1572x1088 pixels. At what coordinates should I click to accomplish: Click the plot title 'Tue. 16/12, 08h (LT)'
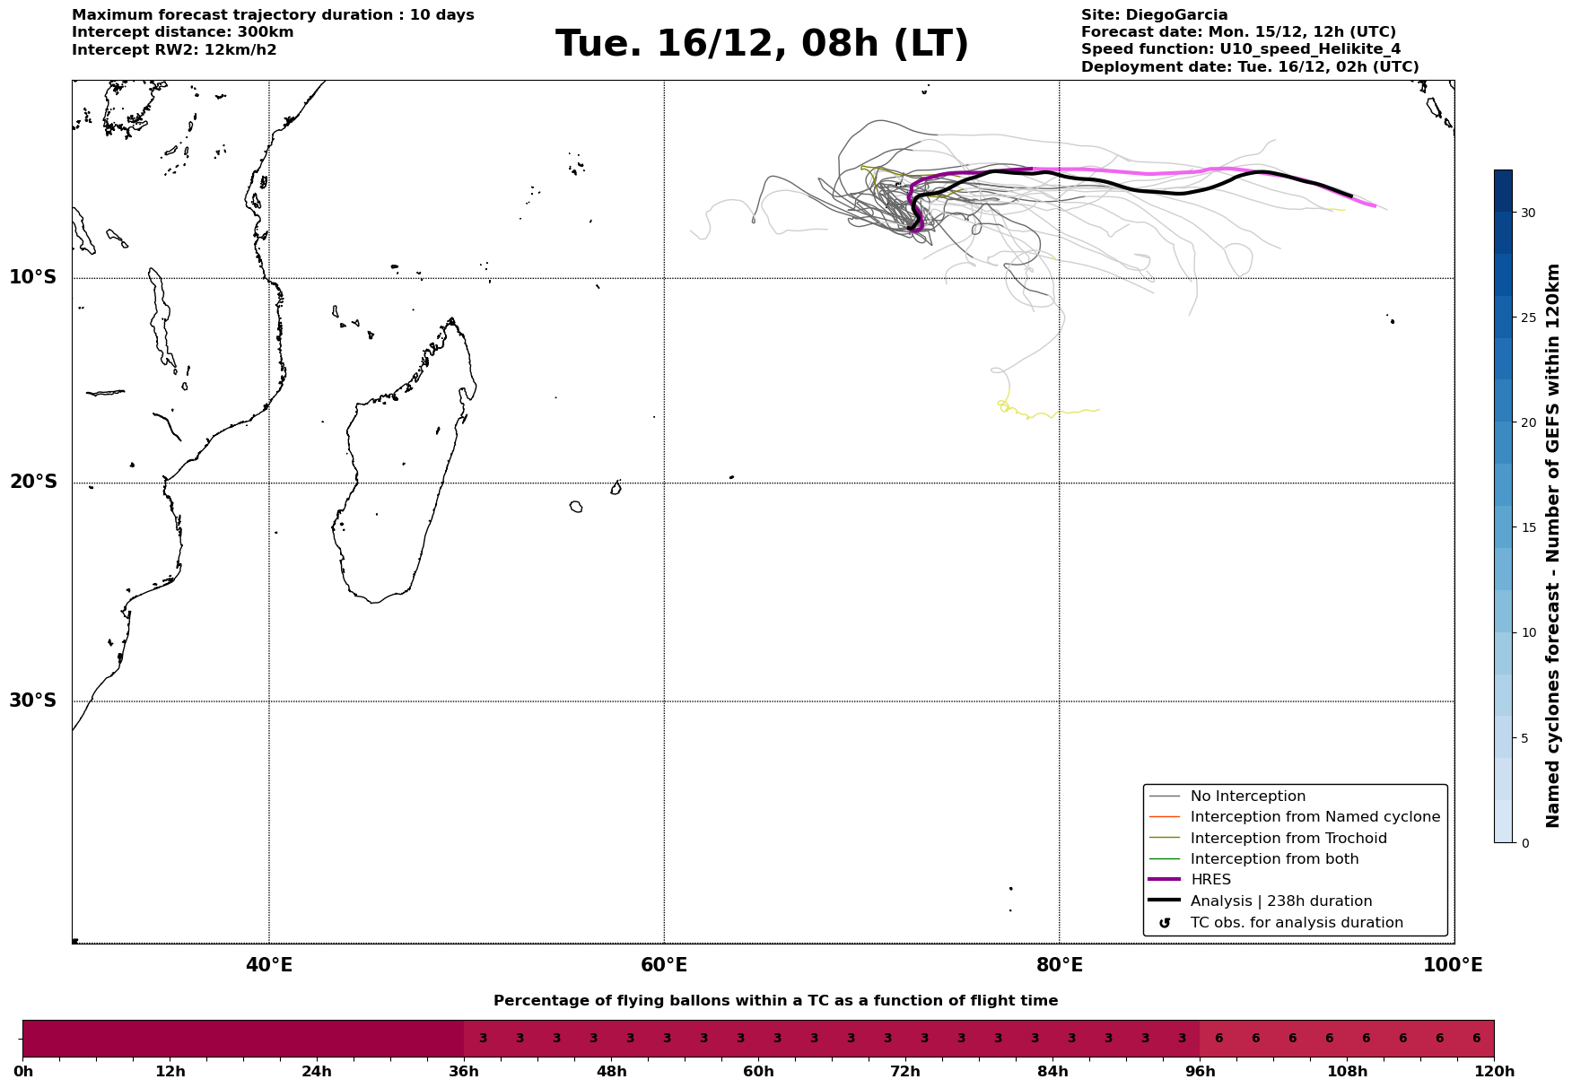pos(762,44)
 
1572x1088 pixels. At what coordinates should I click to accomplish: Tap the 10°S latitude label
pos(33,277)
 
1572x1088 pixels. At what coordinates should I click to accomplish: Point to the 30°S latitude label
pos(33,701)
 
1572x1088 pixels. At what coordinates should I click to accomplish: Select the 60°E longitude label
pos(664,965)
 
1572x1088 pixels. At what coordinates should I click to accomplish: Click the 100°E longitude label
pos(1453,965)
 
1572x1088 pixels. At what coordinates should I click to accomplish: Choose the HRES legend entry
pos(1210,880)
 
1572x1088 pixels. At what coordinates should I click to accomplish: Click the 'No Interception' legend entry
pos(1247,796)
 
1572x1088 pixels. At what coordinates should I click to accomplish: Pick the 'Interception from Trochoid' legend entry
pos(1288,839)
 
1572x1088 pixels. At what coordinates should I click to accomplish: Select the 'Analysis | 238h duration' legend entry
pos(1280,901)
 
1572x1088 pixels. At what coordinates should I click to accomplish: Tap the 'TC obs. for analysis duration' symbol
pos(1165,923)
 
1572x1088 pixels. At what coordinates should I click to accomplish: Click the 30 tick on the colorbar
pos(1527,213)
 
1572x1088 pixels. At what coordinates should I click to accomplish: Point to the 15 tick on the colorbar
pos(1527,527)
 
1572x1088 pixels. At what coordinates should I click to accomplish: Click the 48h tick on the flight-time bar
pos(611,1071)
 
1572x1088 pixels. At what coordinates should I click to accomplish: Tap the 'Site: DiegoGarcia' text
pos(1154,15)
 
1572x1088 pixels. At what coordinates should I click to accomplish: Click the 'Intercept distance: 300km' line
pos(182,32)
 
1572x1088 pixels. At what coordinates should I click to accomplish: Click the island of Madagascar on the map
pos(395,493)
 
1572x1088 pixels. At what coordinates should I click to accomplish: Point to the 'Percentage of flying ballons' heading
pos(775,1001)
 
